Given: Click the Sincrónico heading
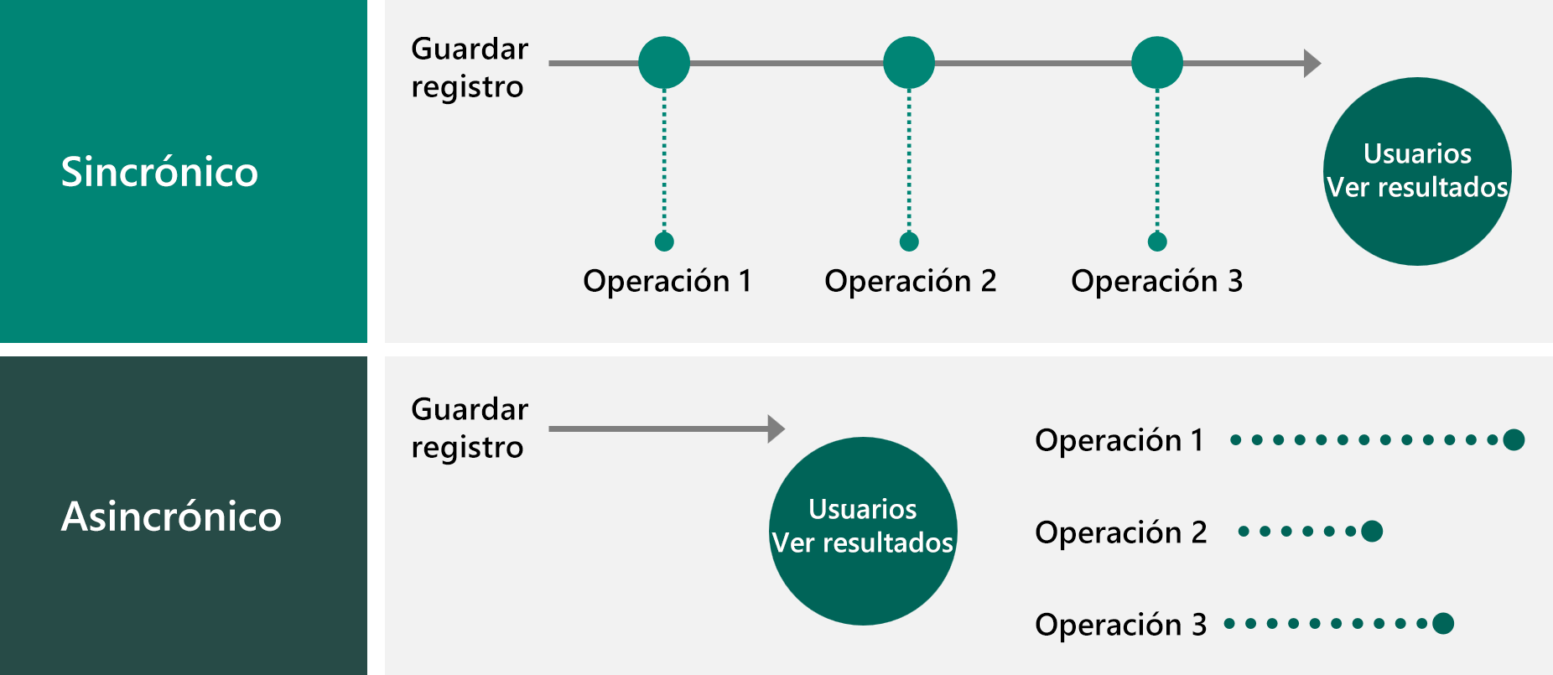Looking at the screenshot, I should (159, 172).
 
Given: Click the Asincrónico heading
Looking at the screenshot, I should (171, 517).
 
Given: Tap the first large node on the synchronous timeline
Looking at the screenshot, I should (664, 63).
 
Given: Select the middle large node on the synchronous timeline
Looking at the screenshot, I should (909, 63).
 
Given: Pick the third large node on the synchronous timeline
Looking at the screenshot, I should (1157, 63).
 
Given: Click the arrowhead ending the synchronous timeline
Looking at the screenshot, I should (1312, 63).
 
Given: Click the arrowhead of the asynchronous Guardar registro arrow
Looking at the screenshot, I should (776, 428).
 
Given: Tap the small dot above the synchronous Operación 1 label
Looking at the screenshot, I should (664, 241).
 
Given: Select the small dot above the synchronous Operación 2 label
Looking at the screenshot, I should (909, 241).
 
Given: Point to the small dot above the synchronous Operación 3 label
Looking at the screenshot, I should (1157, 241).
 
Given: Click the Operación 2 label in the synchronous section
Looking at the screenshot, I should (911, 281).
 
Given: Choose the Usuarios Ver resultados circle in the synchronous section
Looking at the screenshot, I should (1417, 171).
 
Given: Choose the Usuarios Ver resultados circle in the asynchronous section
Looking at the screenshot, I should (863, 530).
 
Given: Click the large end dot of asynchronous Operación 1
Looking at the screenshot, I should (1514, 439).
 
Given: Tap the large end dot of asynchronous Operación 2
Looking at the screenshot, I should (1372, 531).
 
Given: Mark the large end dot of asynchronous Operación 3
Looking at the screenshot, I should (1443, 623).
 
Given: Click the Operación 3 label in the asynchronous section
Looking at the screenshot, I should (1120, 625).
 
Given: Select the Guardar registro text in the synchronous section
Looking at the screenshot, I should (469, 68).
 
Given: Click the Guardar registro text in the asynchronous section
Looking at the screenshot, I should (469, 428).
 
